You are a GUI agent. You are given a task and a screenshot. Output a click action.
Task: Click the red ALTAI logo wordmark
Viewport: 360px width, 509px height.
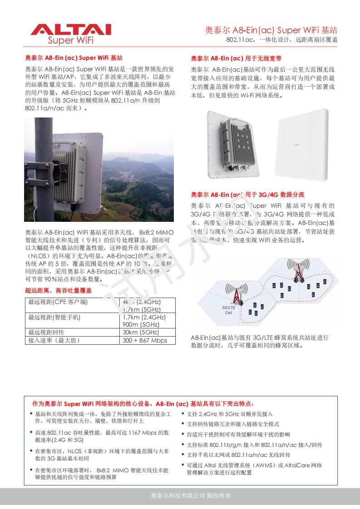(x=71, y=29)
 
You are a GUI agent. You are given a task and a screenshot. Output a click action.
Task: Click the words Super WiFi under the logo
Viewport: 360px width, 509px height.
(x=71, y=40)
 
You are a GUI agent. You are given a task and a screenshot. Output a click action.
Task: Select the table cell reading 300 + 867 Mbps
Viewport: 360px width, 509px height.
(x=145, y=340)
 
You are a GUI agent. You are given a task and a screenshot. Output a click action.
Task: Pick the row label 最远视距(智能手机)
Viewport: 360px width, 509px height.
(x=54, y=317)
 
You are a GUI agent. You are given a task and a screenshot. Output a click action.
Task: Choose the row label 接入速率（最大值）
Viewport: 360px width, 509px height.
(x=53, y=340)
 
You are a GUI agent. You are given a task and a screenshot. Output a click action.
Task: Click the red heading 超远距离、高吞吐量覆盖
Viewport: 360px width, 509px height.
(x=58, y=290)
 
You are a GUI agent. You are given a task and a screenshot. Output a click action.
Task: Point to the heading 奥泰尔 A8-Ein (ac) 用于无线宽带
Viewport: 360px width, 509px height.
(x=236, y=59)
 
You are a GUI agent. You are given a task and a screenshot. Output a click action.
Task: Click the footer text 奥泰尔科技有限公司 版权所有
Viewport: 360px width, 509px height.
(x=191, y=495)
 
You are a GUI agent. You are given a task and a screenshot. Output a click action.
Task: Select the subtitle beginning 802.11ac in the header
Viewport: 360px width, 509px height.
(x=282, y=40)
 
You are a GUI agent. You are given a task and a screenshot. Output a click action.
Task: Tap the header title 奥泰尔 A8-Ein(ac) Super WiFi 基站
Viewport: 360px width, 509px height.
(x=271, y=30)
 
